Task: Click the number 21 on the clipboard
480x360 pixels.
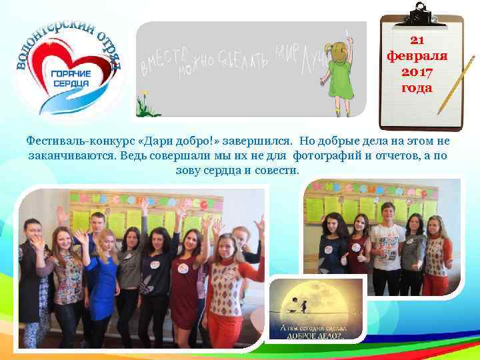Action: click(417, 39)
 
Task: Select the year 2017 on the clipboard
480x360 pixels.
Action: click(417, 71)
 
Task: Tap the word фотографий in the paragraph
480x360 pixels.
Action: click(327, 155)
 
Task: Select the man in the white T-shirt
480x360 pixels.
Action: click(387, 243)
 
